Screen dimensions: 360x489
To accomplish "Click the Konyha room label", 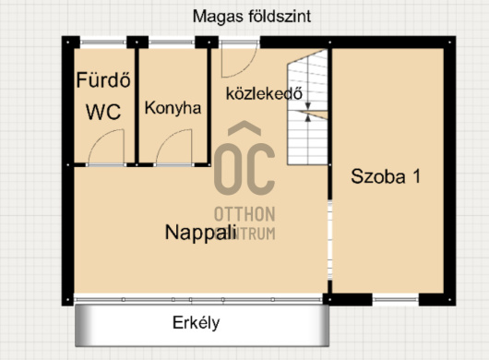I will [173, 108].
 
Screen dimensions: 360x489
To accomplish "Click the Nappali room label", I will [200, 233].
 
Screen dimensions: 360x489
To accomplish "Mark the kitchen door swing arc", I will [172, 150].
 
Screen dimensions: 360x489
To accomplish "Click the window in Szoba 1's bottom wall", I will [396, 299].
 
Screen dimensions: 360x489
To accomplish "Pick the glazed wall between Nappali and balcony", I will [199, 298].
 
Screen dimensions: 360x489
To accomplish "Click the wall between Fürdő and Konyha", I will [132, 102].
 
